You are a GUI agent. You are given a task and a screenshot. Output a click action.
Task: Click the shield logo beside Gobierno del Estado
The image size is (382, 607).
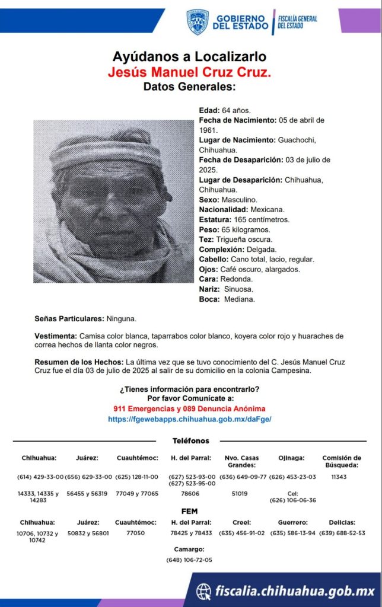(198, 21)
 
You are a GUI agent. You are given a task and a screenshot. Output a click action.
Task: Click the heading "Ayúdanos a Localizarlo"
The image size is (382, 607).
(190, 57)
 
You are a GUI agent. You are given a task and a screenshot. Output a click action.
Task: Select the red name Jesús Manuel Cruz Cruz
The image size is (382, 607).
(190, 72)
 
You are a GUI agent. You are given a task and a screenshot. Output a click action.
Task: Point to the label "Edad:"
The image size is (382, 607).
(209, 110)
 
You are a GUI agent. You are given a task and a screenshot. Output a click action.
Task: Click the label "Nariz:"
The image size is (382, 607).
(210, 289)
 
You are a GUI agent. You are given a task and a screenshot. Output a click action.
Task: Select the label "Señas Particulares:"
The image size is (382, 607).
(69, 319)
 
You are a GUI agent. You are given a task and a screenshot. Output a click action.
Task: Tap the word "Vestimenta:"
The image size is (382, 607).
(56, 336)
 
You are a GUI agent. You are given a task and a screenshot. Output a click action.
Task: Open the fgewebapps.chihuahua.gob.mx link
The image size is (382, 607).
(190, 418)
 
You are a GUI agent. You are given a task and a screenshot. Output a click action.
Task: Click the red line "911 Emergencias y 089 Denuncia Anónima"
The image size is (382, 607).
(190, 409)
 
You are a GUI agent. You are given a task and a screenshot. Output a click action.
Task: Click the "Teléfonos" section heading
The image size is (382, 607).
(190, 441)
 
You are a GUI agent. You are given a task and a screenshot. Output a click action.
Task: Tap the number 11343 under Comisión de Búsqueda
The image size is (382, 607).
(339, 477)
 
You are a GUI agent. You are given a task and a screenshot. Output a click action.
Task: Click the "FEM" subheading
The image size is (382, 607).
(190, 511)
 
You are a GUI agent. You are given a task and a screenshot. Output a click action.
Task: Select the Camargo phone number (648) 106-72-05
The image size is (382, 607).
(189, 560)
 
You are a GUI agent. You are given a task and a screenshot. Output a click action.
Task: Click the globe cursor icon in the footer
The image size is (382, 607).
(204, 591)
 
